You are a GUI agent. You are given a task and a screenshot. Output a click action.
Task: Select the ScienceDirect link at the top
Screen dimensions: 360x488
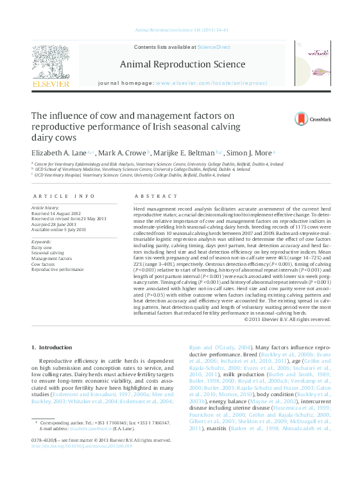(214, 47)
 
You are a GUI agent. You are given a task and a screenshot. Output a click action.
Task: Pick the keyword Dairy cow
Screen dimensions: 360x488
(42, 247)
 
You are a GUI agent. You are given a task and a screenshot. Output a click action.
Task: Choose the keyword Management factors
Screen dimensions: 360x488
(50, 258)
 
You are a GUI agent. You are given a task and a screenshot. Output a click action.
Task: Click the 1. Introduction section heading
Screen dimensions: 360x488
(52, 347)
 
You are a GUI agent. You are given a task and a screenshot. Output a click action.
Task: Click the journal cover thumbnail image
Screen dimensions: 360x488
(312, 64)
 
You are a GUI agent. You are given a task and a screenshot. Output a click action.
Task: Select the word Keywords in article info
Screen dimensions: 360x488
(41, 241)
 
